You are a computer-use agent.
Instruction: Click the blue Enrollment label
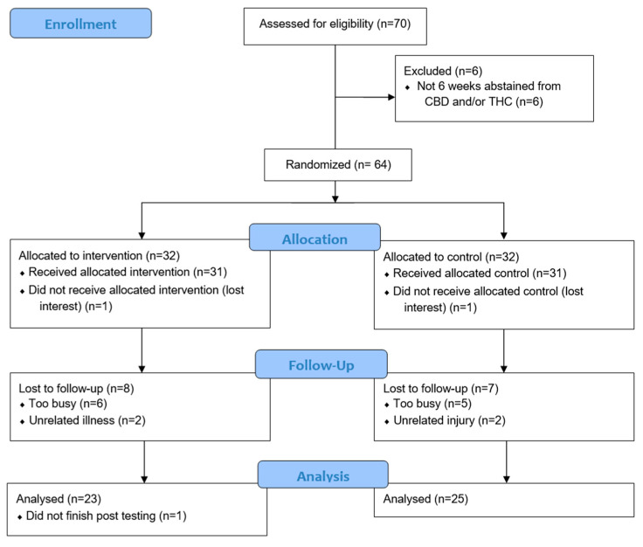(80, 24)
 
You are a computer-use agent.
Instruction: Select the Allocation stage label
(314, 238)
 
